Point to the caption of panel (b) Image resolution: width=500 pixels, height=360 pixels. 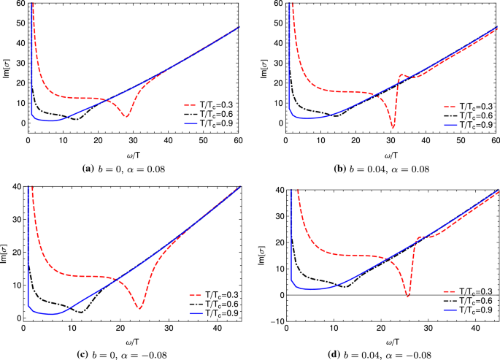[376, 169]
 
